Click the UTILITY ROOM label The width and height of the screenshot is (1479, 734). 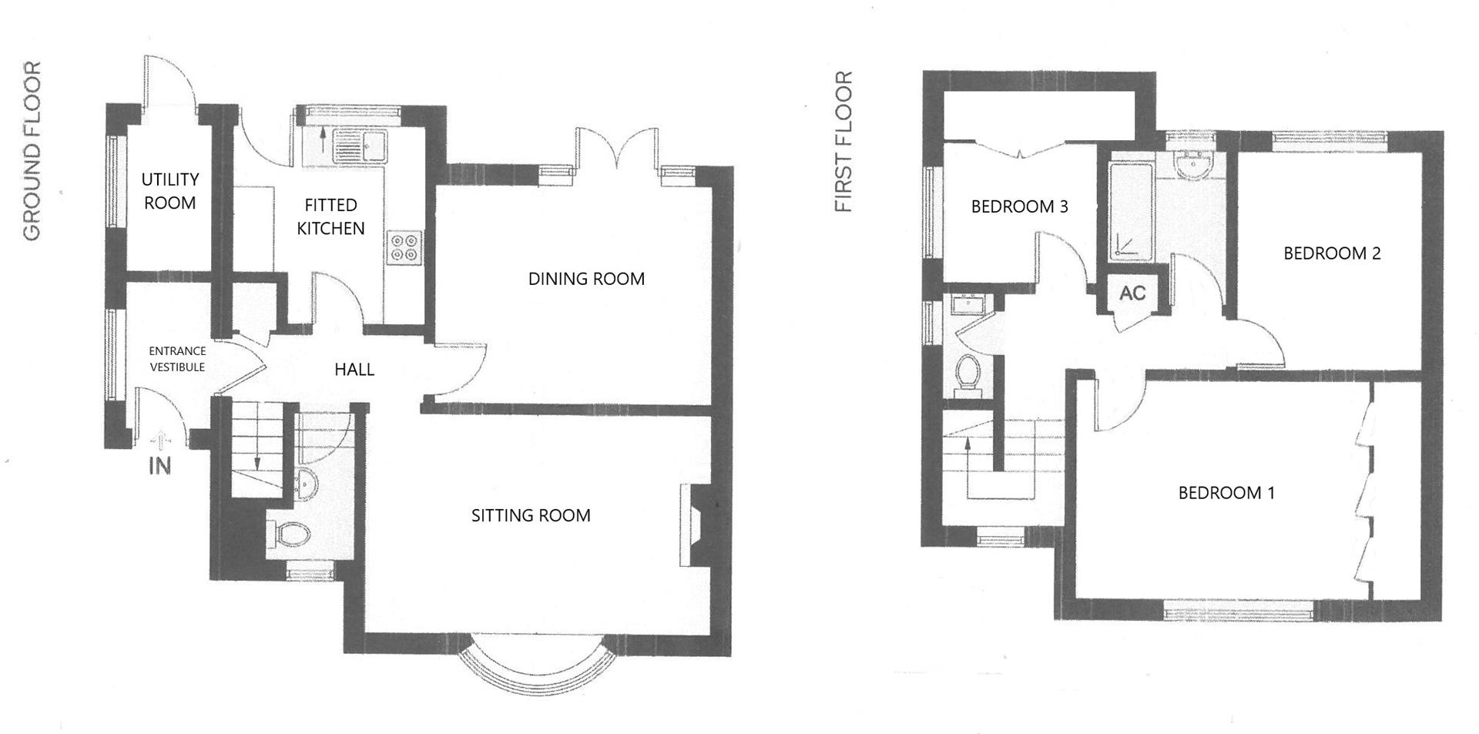169,191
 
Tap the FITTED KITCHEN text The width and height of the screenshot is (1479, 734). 330,216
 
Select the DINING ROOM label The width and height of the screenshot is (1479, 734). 586,279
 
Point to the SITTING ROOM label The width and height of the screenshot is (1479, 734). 531,515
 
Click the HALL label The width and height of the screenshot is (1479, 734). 354,370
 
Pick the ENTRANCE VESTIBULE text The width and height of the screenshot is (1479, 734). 177,359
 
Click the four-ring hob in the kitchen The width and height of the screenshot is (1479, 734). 404,247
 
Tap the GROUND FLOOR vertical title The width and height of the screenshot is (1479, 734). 32,152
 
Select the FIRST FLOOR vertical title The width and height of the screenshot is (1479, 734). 844,142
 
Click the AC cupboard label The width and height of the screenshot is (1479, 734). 1132,293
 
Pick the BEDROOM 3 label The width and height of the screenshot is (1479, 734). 1019,206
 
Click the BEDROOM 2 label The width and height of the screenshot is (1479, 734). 1331,253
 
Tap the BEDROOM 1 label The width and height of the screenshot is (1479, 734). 1226,493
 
